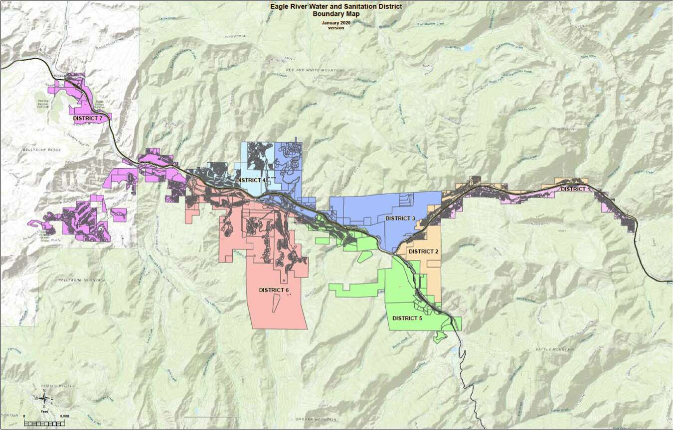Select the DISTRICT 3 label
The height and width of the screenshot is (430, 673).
pyautogui.click(x=400, y=218)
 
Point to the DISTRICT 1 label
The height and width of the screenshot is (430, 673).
pyautogui.click(x=575, y=189)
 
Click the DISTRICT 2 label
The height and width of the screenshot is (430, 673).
pyautogui.click(x=423, y=251)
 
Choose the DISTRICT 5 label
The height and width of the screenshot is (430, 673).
pyautogui.click(x=407, y=318)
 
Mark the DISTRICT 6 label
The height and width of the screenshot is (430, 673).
pyautogui.click(x=274, y=290)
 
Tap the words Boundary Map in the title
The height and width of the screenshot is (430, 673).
pyautogui.click(x=336, y=14)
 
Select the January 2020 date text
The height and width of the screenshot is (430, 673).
pyautogui.click(x=336, y=23)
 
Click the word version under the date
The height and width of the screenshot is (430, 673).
pyautogui.click(x=336, y=28)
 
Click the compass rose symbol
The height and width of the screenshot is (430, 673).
pyautogui.click(x=44, y=398)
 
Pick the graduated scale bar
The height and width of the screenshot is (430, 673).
pyautogui.click(x=44, y=423)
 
